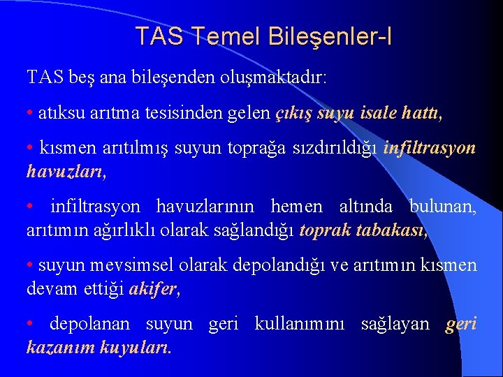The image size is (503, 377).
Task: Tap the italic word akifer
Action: pyautogui.click(x=154, y=288)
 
